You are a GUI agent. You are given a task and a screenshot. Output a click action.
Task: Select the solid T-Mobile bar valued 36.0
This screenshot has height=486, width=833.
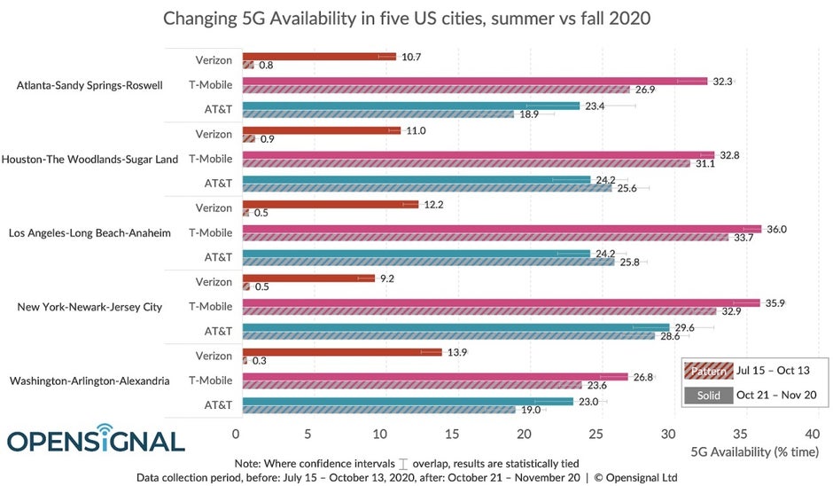coord(501,229)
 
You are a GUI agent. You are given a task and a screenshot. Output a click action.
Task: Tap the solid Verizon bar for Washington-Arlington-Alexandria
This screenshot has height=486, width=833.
coord(341,352)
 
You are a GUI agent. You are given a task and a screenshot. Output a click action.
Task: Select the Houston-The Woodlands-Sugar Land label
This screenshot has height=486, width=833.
coord(90,160)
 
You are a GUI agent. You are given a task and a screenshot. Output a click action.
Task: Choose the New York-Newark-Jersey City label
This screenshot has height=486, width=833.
coord(90,307)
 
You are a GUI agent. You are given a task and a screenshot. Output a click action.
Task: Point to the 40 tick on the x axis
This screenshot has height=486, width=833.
coord(812,435)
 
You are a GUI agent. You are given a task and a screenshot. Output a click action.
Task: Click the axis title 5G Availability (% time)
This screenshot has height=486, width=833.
coord(754,452)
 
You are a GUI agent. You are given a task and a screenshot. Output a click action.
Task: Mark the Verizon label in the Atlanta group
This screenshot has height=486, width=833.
coord(214,60)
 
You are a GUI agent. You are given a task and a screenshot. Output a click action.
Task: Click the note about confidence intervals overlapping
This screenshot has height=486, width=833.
coord(407,463)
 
